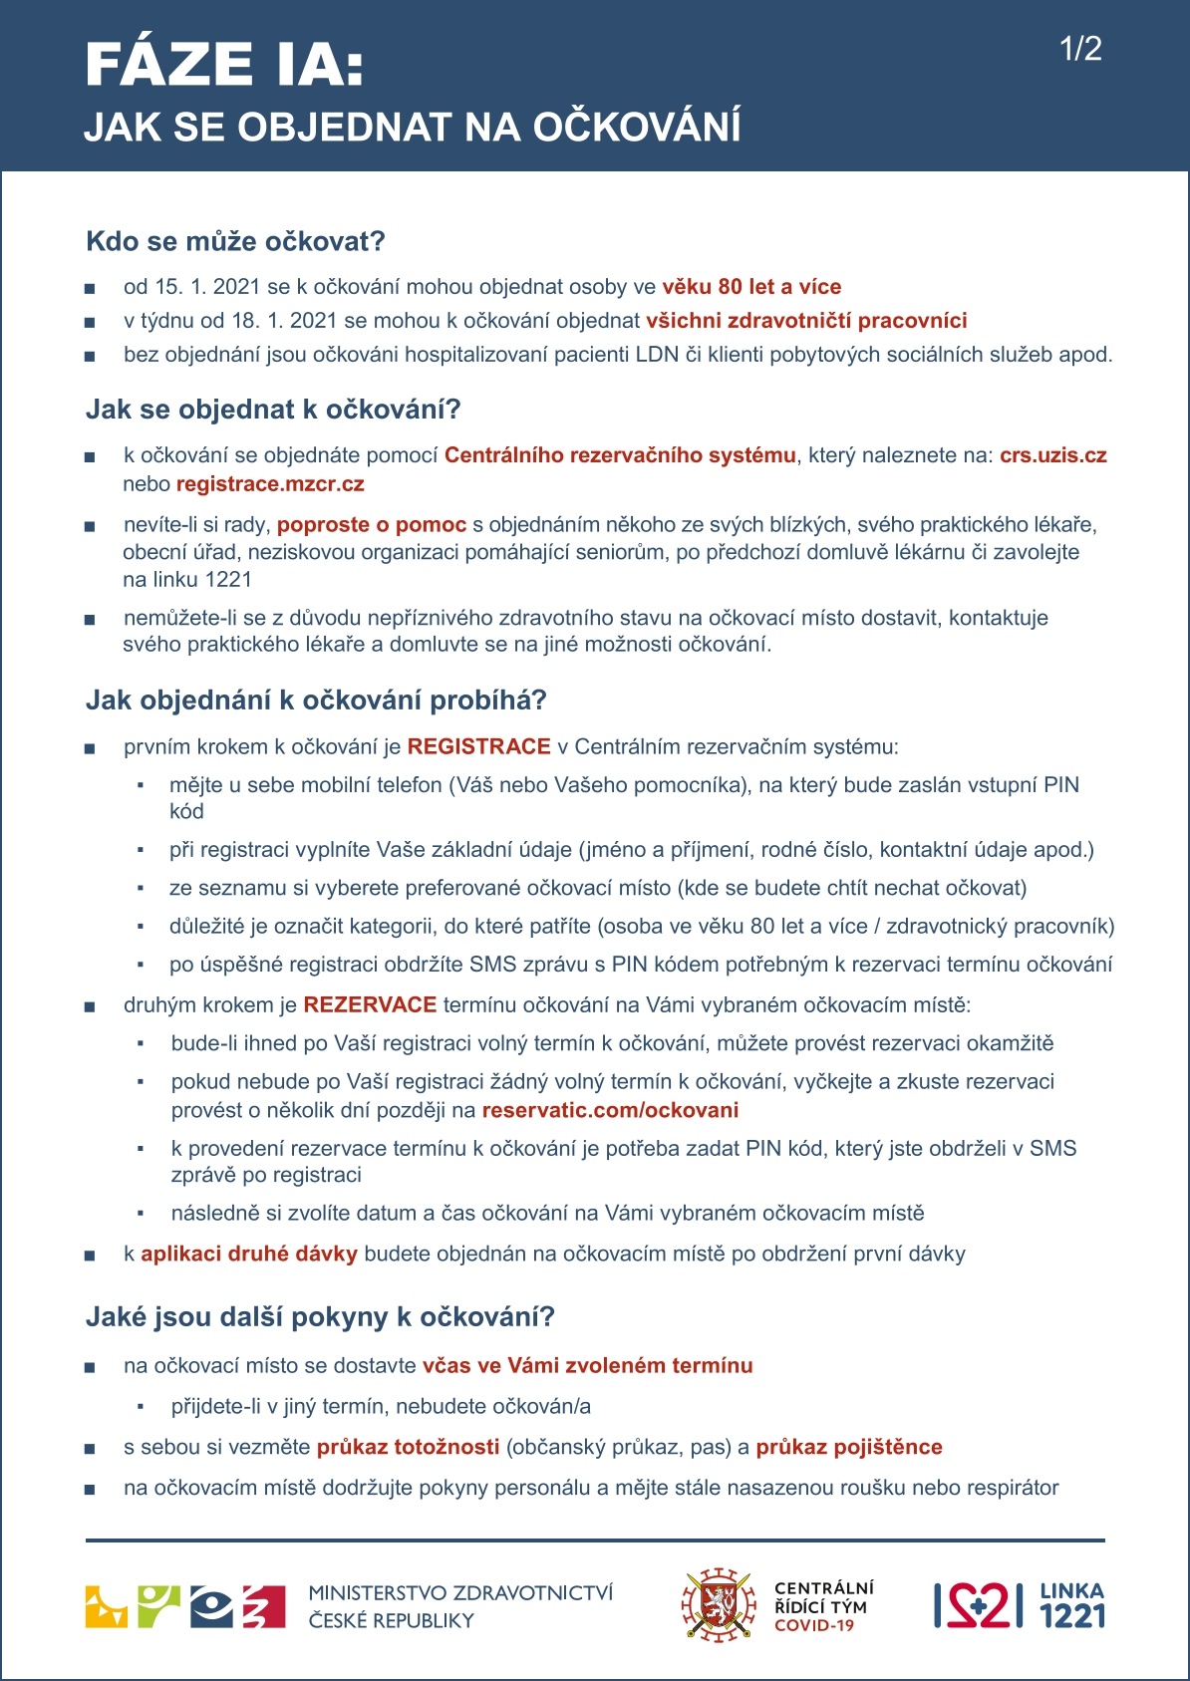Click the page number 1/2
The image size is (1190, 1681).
coord(1080,49)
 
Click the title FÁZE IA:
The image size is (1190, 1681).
coord(224,65)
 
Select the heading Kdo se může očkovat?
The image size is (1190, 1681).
coord(235,241)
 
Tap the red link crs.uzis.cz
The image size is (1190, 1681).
coord(1052,455)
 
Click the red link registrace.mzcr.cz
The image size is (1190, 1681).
coord(270,484)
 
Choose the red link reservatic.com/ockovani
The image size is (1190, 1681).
coord(610,1110)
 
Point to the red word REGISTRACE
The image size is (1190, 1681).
coord(478,746)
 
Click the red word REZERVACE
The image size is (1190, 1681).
coord(370,1004)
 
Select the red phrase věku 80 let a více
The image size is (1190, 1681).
coord(751,287)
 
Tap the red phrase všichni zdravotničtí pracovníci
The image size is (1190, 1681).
coord(806,321)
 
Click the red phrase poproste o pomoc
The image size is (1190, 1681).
coord(372,524)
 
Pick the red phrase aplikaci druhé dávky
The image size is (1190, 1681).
coord(249,1254)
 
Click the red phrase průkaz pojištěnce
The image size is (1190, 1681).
coord(848,1447)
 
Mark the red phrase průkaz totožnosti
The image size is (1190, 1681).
coord(409,1447)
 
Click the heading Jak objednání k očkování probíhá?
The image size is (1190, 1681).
coord(316,700)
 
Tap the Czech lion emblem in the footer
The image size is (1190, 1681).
coord(717,1605)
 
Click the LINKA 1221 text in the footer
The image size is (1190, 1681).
coord(1071,1605)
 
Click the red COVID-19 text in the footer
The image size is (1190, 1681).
coord(814,1625)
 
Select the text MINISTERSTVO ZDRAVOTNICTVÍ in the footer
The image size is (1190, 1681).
coord(460,1593)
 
